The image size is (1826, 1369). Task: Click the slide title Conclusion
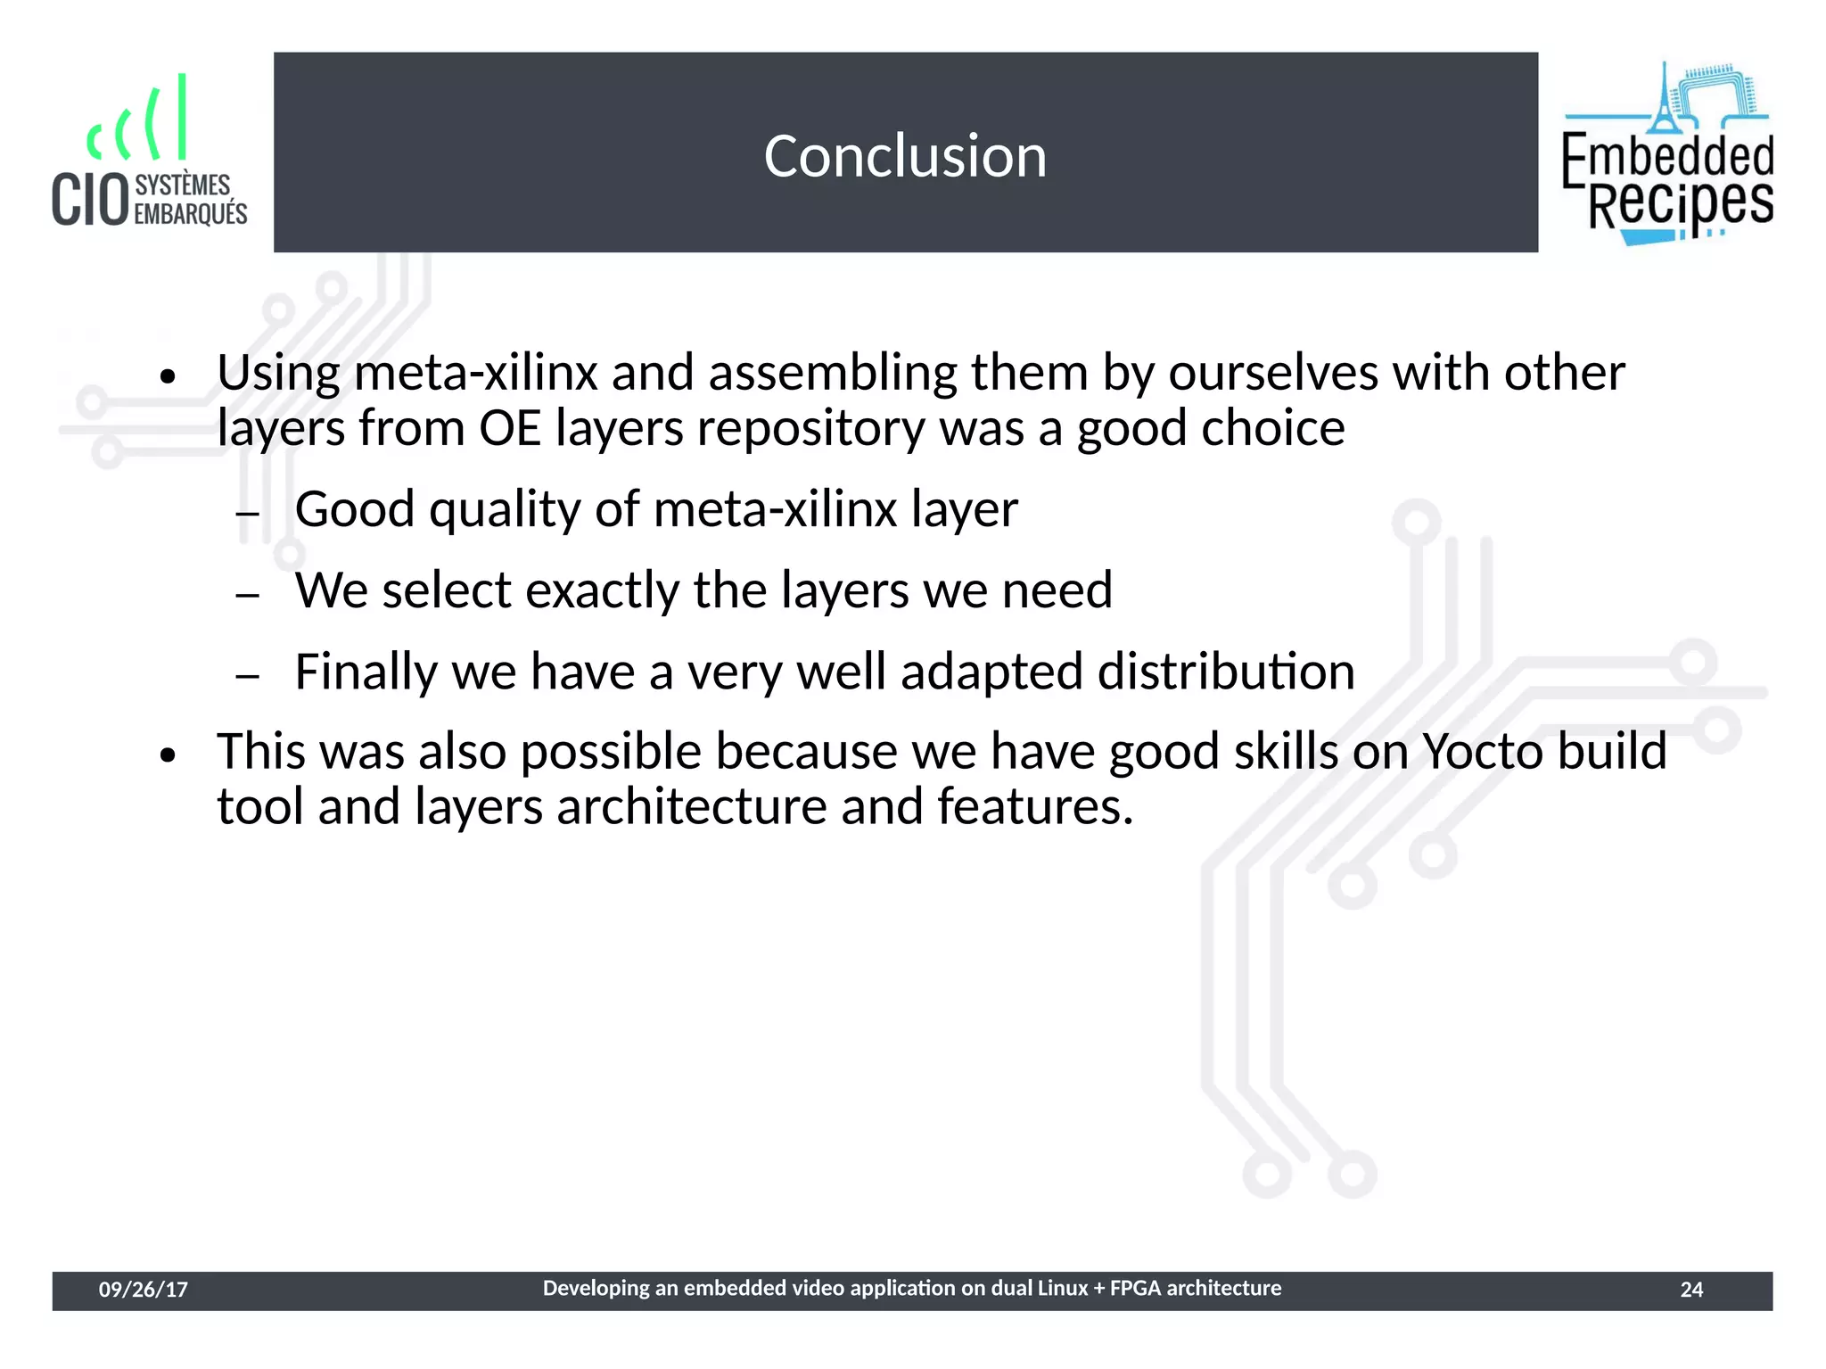[x=905, y=156]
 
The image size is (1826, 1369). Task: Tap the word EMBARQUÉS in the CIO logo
[x=190, y=214]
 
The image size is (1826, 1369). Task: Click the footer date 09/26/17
[x=143, y=1290]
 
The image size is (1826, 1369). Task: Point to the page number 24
[x=1691, y=1290]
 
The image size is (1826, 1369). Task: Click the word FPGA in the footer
[x=1135, y=1288]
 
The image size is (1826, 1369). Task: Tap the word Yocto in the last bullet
[x=1481, y=751]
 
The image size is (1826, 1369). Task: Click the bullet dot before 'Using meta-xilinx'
[x=168, y=377]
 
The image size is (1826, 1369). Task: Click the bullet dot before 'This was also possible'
[x=168, y=756]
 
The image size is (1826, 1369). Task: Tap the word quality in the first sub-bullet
[x=505, y=510]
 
